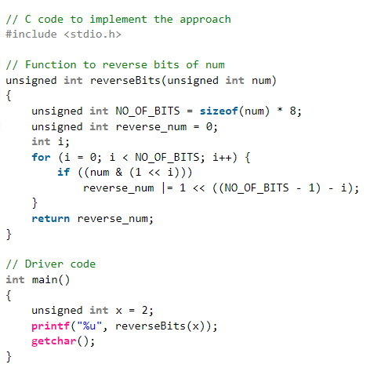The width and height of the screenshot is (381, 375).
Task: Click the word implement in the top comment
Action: point(118,20)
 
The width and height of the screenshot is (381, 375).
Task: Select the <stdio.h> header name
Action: point(93,35)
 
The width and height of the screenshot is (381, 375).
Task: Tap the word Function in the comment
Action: point(51,64)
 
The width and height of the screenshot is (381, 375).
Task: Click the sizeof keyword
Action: point(219,111)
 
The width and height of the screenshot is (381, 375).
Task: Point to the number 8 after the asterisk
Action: point(292,111)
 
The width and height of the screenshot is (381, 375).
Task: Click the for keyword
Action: point(41,157)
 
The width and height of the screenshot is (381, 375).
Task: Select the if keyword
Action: point(63,173)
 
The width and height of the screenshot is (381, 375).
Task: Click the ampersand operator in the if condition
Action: point(119,173)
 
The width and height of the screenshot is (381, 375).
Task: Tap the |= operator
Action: point(168,187)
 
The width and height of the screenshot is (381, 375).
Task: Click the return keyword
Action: point(51,219)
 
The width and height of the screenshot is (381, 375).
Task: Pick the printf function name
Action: point(51,326)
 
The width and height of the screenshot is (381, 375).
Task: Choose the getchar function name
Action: point(54,341)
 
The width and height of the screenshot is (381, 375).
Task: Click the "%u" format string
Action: point(89,326)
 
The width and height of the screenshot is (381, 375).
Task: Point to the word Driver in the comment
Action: point(44,264)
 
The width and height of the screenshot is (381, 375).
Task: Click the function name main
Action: point(45,279)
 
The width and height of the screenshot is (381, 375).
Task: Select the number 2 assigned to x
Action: point(145,310)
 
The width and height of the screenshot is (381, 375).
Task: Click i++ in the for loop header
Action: point(222,157)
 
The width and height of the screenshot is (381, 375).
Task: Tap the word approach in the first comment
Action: point(205,20)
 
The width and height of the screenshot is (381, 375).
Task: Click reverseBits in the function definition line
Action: point(125,80)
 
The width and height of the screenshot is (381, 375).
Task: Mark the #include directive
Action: point(31,35)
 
